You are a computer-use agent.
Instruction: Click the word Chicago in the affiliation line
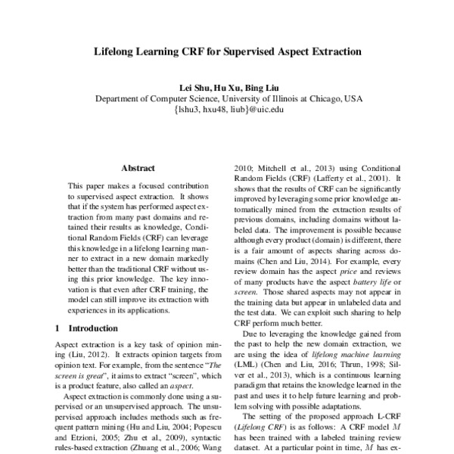(318, 98)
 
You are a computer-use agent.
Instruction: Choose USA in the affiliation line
(353, 98)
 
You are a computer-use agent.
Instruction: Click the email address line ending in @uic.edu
(228, 110)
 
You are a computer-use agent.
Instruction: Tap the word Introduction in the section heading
(94, 328)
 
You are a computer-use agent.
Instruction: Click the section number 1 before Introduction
(59, 328)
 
